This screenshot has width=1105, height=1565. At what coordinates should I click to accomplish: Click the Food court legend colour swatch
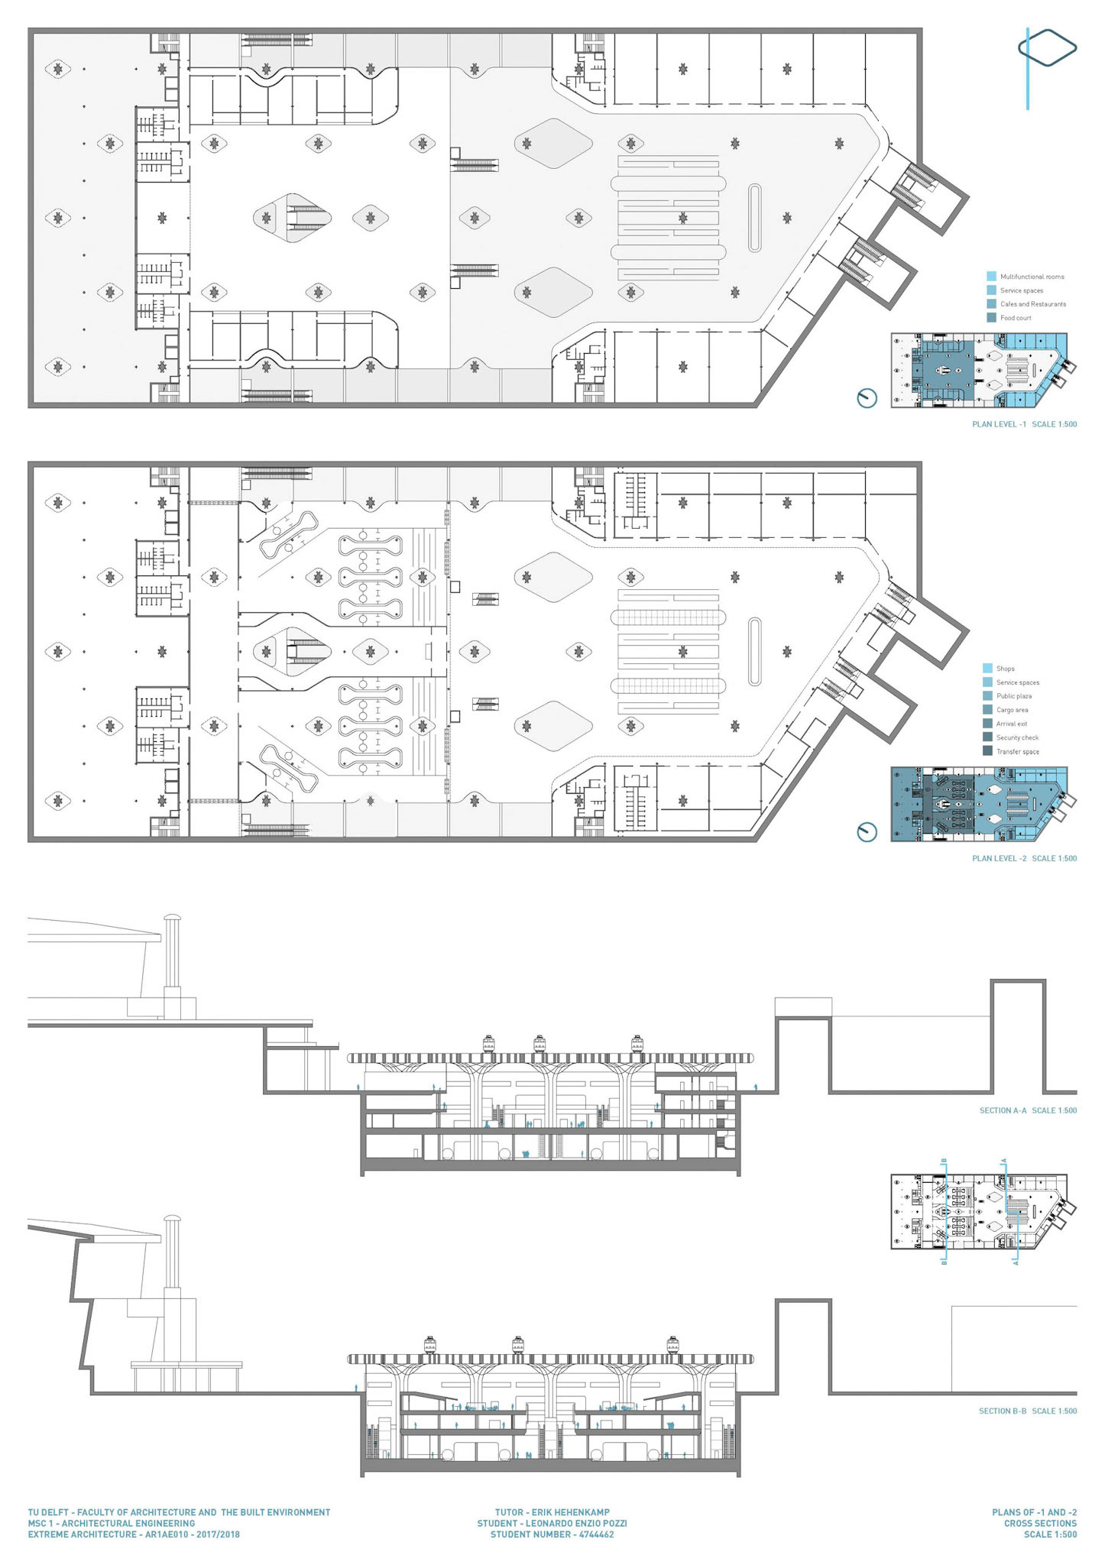(x=991, y=318)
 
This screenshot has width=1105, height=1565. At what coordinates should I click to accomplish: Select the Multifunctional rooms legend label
(x=1032, y=277)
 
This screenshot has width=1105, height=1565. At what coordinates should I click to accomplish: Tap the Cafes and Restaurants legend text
(x=1033, y=304)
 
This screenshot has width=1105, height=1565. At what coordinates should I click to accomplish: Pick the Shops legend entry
(x=1005, y=669)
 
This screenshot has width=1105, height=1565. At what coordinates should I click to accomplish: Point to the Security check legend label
(x=1017, y=737)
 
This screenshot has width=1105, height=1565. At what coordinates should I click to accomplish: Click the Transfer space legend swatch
(x=987, y=751)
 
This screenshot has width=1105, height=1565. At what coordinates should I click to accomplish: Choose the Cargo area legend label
(x=1012, y=710)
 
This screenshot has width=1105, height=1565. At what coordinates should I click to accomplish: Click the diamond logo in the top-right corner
(x=1048, y=48)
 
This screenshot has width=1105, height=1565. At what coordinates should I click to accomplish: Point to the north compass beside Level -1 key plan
(x=867, y=398)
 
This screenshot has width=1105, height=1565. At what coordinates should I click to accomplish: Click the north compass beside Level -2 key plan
(x=867, y=832)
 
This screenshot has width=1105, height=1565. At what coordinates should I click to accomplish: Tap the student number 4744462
(x=596, y=1534)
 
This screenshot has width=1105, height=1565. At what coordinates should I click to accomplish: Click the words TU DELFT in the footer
(x=47, y=1512)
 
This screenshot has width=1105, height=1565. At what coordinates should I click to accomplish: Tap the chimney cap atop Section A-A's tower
(x=172, y=919)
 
